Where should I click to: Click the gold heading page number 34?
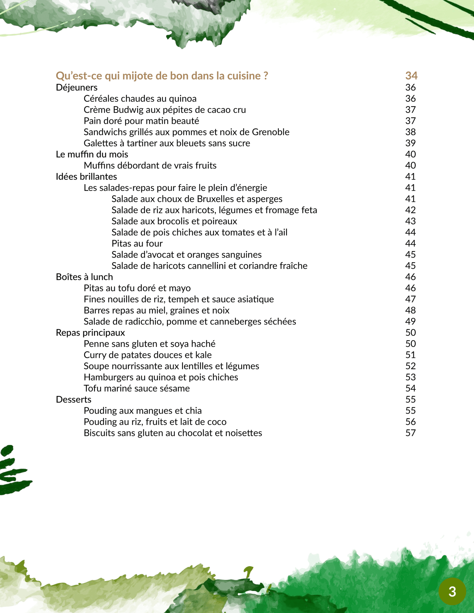tap(411, 76)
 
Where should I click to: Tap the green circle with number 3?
tap(452, 592)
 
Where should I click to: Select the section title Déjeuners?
tap(77, 88)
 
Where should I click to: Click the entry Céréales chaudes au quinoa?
tap(140, 99)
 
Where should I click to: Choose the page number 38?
tap(410, 132)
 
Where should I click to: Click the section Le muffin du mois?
tap(92, 154)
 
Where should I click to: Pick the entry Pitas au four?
tap(137, 244)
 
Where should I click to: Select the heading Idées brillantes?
tap(86, 177)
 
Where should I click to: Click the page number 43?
tap(410, 221)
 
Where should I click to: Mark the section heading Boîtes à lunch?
tap(84, 277)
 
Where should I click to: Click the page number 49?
tap(410, 322)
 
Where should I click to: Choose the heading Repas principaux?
tap(90, 333)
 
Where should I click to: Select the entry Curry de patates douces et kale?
tap(148, 355)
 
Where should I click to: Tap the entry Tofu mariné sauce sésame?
tap(137, 388)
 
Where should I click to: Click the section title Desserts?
tap(73, 400)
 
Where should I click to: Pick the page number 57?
tap(410, 433)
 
